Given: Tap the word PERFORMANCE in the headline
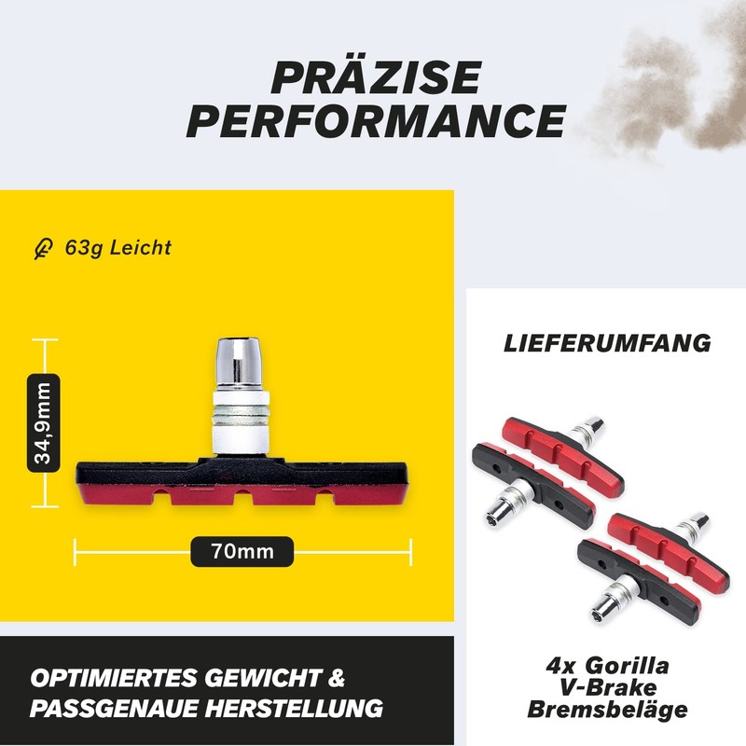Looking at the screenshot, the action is [x=375, y=121].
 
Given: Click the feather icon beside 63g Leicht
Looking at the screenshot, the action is [x=41, y=249].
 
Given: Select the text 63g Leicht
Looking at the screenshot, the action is [x=117, y=248].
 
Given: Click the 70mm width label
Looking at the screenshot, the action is [x=242, y=551].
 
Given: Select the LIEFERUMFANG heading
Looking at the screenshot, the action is [x=607, y=342].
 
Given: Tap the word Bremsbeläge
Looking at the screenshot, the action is [x=607, y=710].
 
